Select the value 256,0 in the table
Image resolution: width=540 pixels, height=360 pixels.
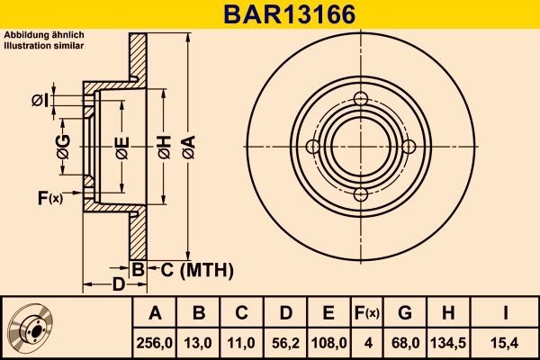155,342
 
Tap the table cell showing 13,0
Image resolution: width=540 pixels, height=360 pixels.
199,342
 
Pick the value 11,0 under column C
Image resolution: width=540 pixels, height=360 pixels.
241,342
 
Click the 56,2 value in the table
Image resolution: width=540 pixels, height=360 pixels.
284,342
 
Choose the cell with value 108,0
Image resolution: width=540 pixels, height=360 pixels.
328,342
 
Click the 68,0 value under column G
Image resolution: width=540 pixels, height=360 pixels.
405,342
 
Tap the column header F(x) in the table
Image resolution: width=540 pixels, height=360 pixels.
366,313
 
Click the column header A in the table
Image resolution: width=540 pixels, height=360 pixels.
155,313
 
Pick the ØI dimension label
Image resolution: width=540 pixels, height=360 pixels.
40,100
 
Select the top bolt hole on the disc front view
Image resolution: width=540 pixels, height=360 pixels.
361,99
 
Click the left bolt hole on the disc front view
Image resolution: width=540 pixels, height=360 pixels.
313,147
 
